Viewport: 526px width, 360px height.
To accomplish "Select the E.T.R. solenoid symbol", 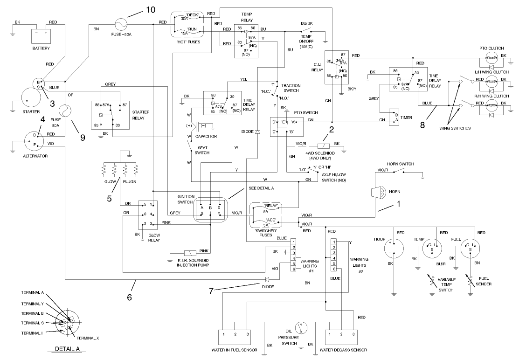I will point(191,252).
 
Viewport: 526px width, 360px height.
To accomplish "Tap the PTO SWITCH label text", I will point(293,113).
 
